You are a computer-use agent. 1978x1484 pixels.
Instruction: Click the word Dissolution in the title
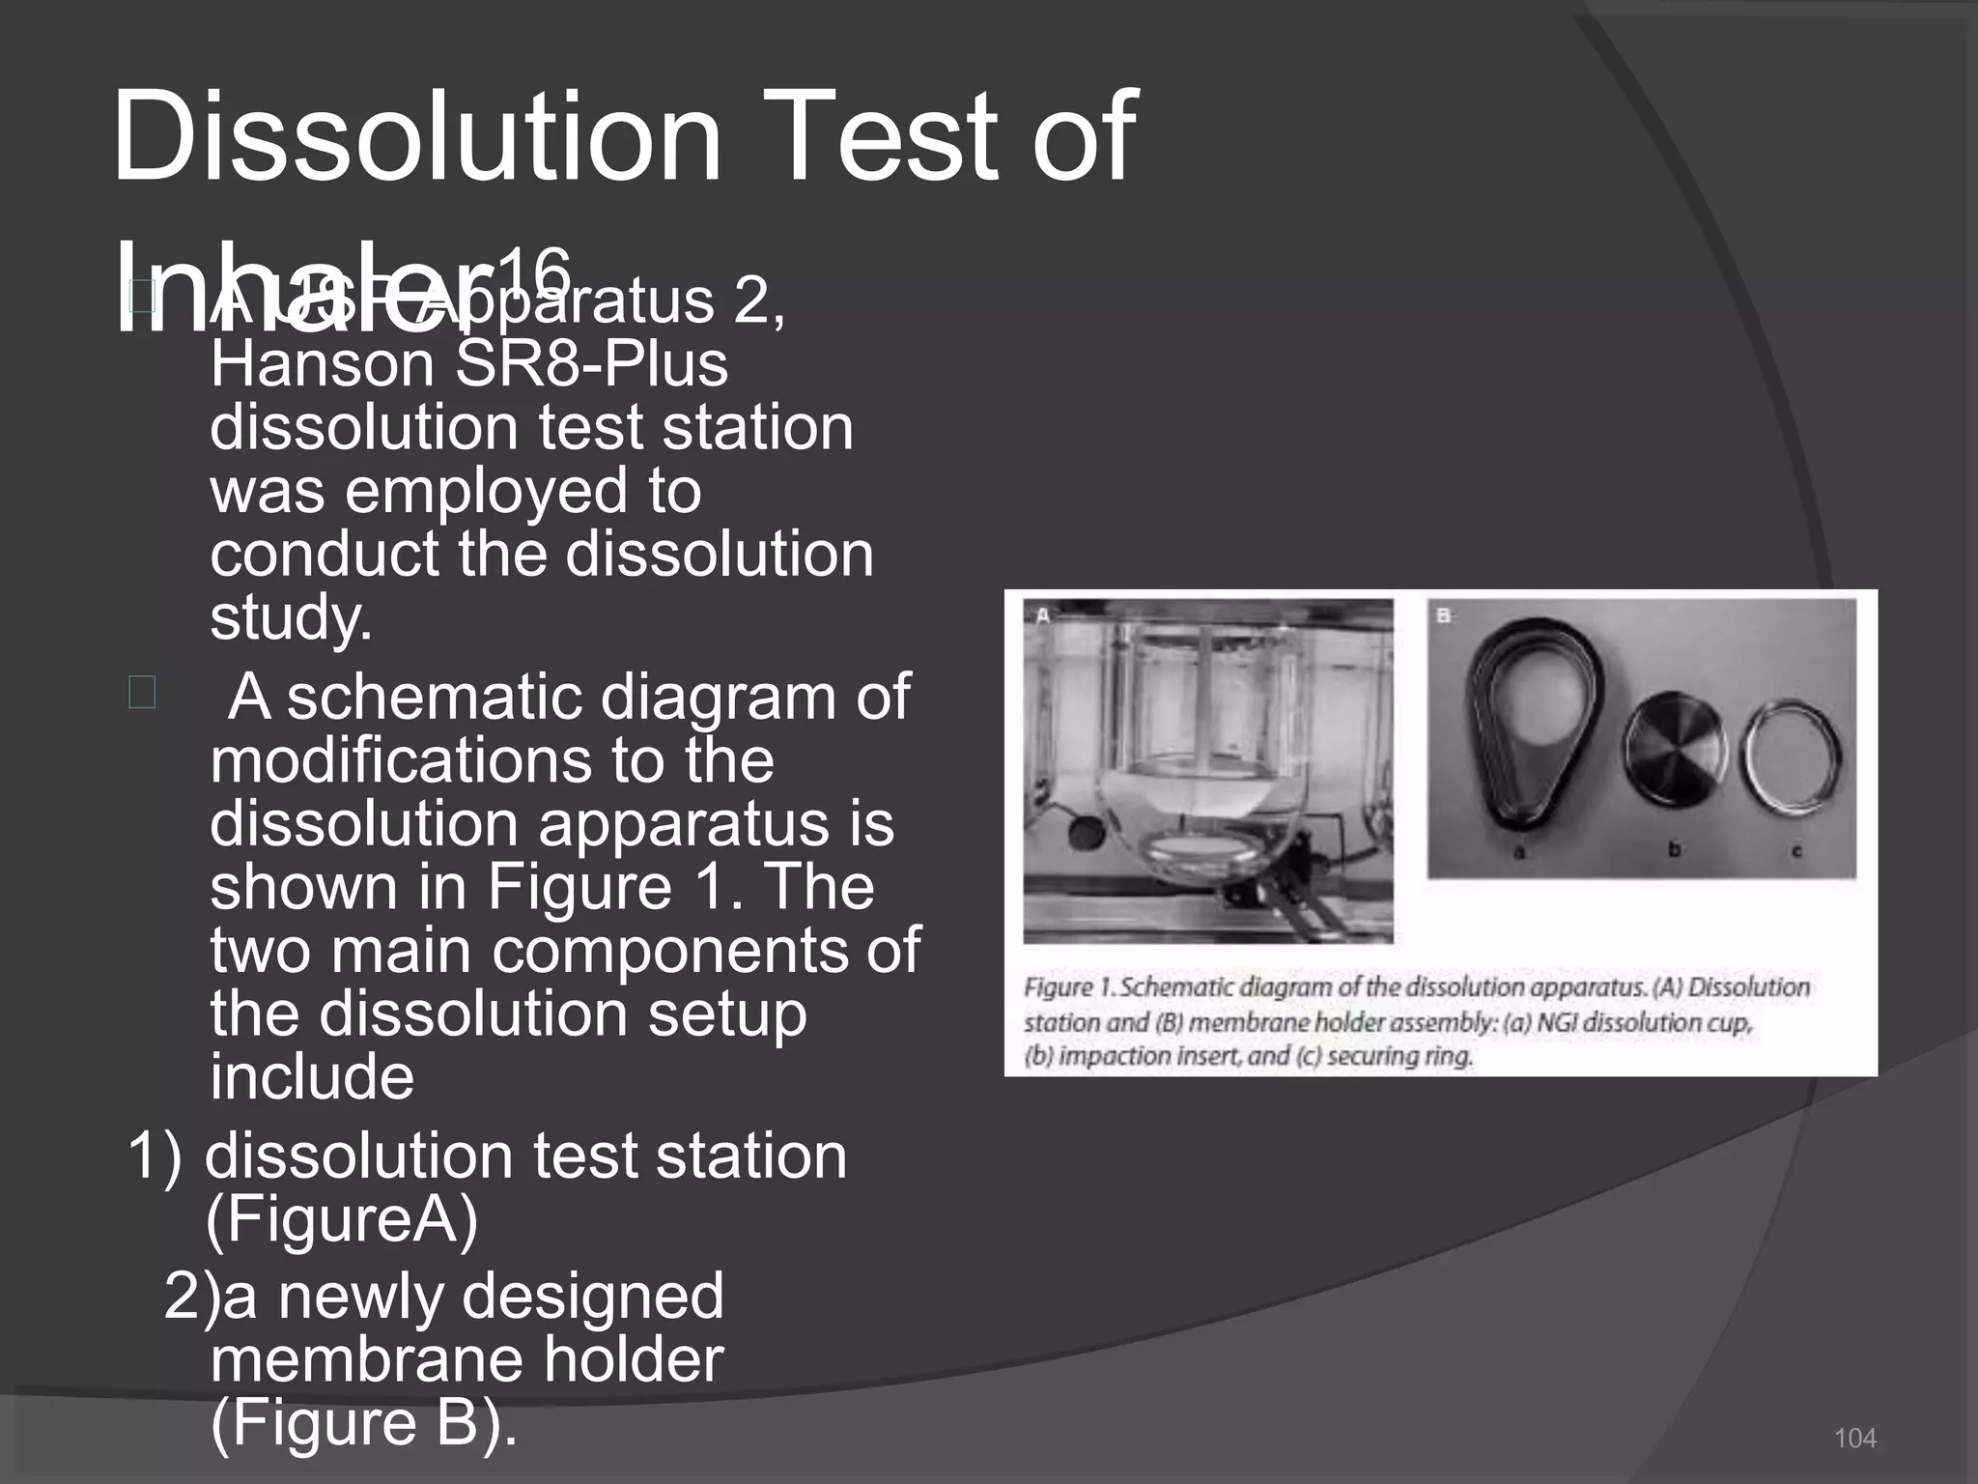[x=415, y=137]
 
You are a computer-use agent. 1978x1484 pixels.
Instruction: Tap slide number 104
[x=1854, y=1439]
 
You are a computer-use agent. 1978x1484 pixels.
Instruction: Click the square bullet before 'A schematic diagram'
[x=142, y=693]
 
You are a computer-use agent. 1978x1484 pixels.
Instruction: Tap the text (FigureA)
[x=342, y=1220]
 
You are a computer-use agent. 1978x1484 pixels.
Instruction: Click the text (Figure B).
[x=362, y=1423]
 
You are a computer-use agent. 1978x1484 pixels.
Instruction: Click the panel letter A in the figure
[x=1042, y=615]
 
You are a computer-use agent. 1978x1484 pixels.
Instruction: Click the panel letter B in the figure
[x=1444, y=615]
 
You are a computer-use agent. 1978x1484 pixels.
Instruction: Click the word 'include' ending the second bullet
[x=312, y=1078]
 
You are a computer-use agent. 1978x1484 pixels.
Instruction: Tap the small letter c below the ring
[x=1796, y=852]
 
